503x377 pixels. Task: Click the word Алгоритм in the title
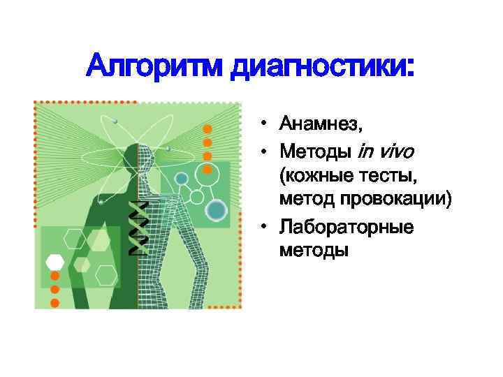tap(154, 68)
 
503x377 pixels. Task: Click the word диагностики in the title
tap(322, 68)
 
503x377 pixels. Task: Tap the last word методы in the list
tap(313, 249)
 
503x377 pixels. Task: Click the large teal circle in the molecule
tap(217, 209)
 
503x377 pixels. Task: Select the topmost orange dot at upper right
tap(207, 129)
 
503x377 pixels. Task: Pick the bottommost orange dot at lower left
tap(54, 303)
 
